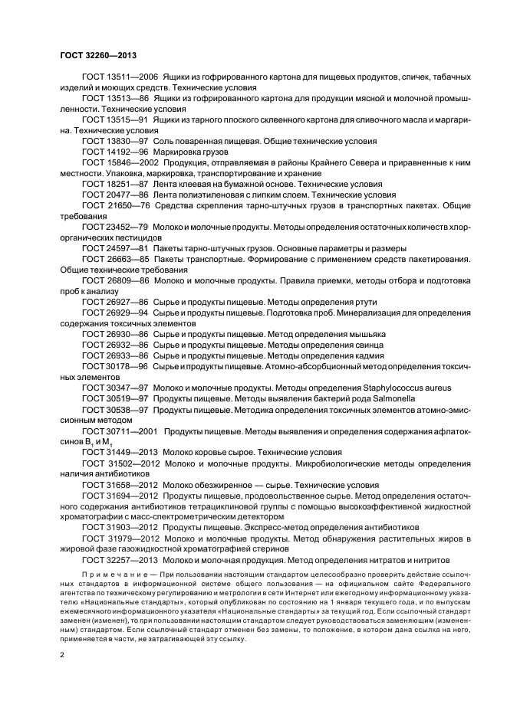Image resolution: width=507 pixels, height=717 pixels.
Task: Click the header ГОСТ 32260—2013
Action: pyautogui.click(x=98, y=55)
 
